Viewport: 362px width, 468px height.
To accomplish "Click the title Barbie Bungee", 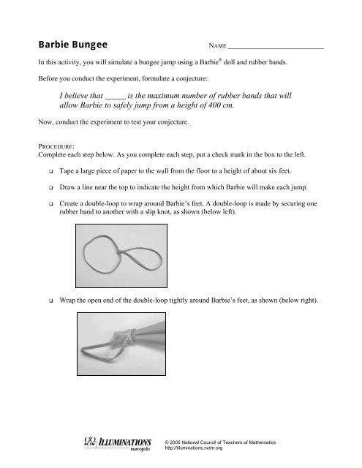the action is coord(73,45).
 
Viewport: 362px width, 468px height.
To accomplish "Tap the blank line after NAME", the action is coord(276,48).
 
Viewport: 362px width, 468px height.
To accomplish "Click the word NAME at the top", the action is coord(217,45).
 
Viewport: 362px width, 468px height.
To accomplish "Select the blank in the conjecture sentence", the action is coord(116,99).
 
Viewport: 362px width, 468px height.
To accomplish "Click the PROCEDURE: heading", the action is coord(56,146).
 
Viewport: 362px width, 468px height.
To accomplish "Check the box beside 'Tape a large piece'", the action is coord(51,172).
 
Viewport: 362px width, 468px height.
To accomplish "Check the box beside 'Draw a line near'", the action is coord(51,188).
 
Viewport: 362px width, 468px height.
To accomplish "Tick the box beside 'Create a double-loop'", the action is coord(51,204).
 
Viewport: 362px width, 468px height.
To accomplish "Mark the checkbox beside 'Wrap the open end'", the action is coord(51,301).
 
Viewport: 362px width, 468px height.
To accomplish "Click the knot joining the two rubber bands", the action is coord(120,252).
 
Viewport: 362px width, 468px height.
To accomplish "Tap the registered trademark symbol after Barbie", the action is coord(220,59).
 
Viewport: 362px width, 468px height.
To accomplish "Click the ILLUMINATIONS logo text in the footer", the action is coord(125,442).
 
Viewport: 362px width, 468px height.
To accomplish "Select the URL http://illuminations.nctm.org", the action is coord(193,448).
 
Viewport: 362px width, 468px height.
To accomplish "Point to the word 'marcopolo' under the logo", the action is coord(140,448).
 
